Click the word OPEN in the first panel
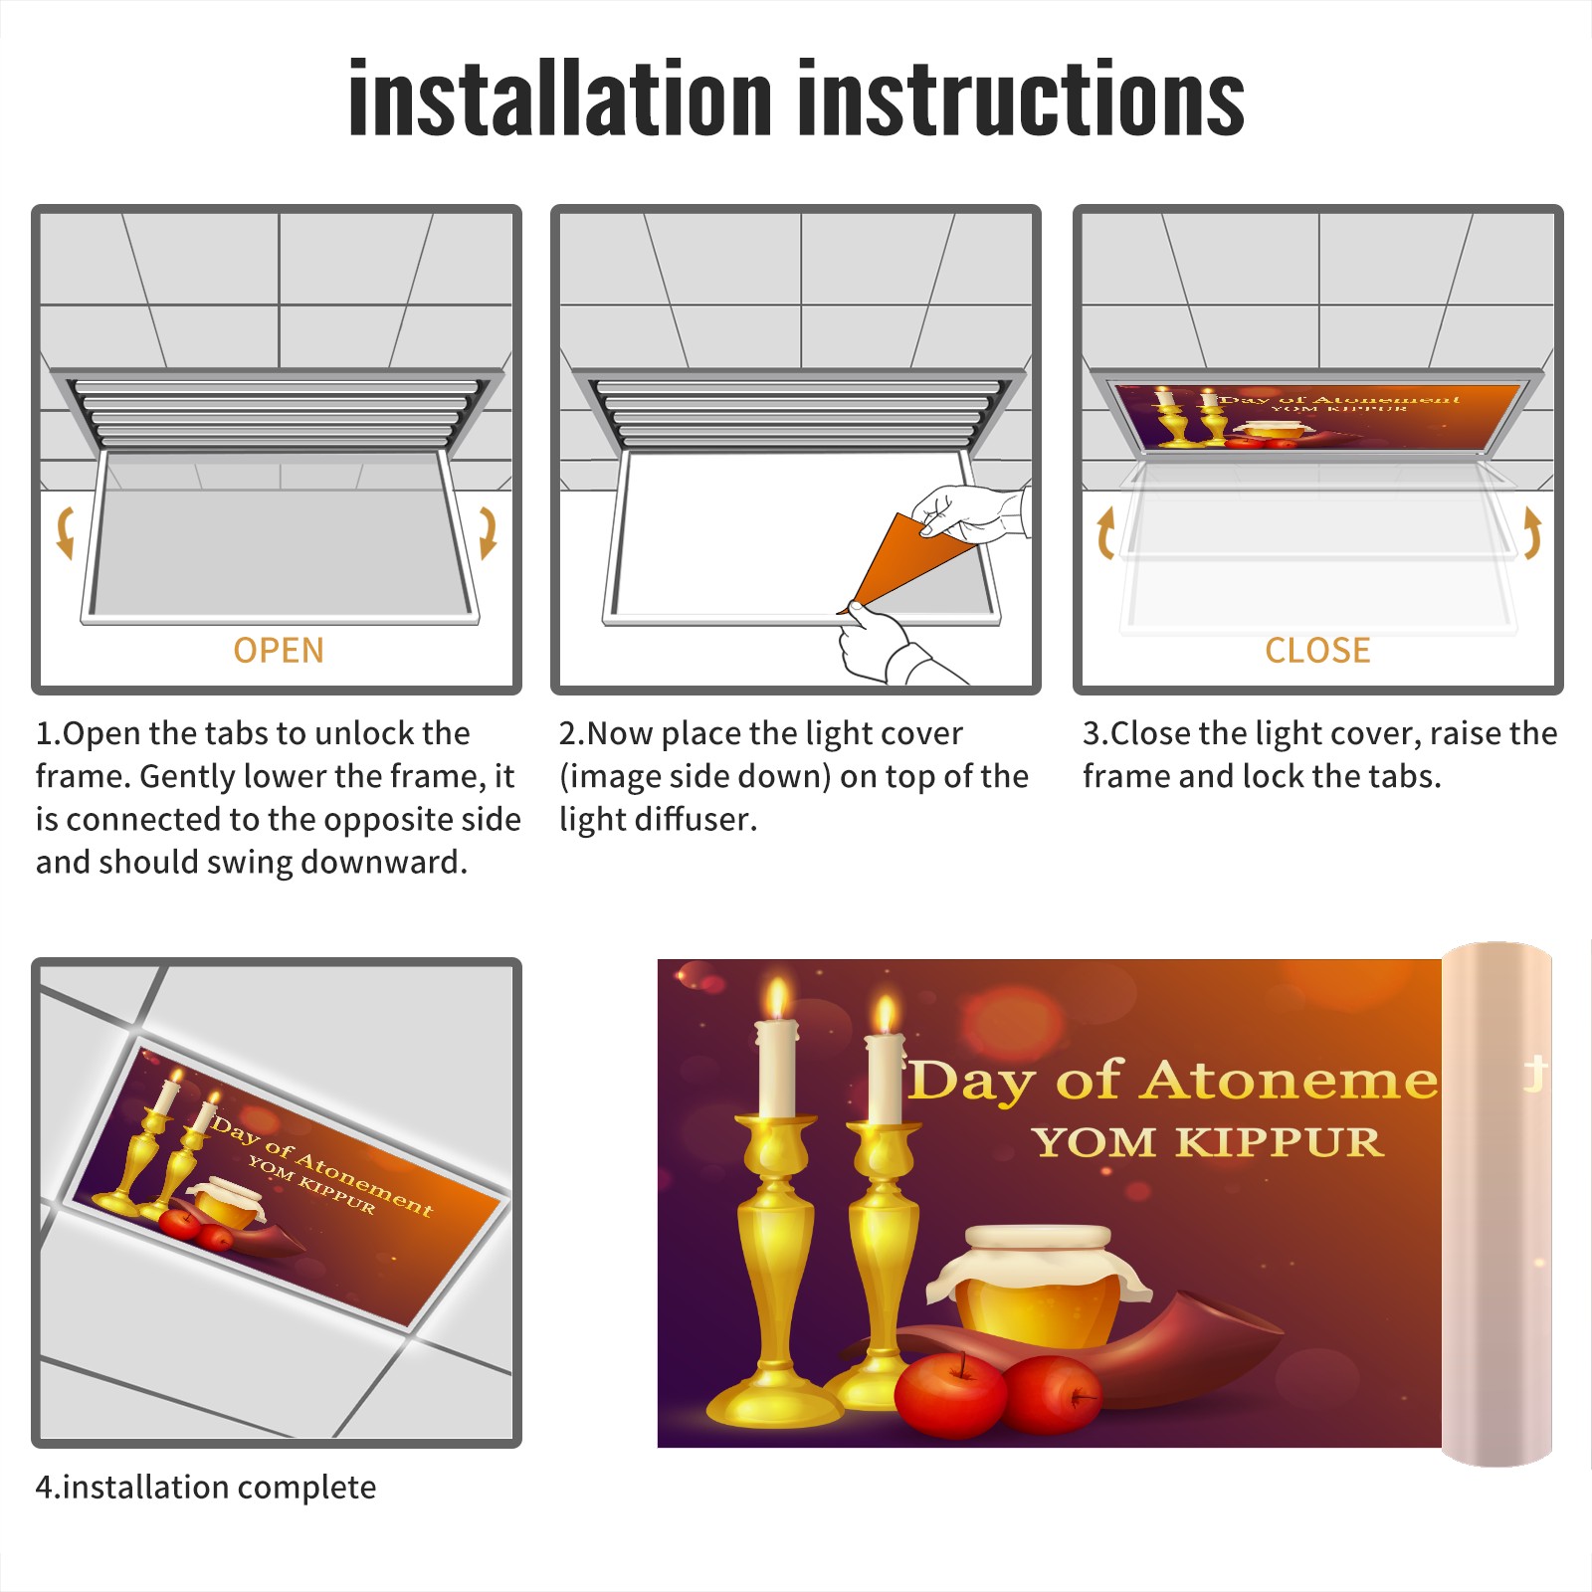coord(279,651)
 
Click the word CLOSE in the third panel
coord(1317,651)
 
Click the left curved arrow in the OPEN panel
coord(66,531)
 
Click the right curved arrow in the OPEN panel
coord(488,531)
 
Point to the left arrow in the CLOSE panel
coord(1105,532)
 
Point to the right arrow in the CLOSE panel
coord(1532,532)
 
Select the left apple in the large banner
coord(950,1394)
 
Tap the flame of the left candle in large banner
coord(777,999)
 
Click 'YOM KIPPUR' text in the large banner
coord(1208,1141)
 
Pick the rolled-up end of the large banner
coord(1496,1204)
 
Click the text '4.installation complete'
coord(206,1488)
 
